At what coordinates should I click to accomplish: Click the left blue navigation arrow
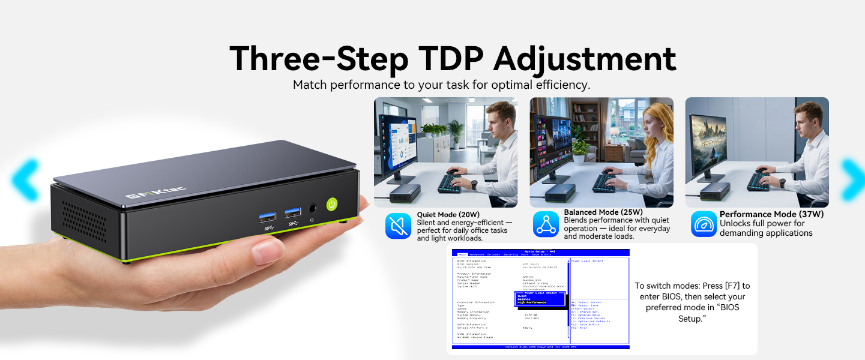point(25,179)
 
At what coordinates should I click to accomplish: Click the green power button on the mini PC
point(333,204)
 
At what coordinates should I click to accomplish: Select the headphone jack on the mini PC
point(312,209)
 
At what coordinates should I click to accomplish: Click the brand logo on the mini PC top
point(155,193)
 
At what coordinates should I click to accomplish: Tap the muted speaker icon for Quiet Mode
point(398,226)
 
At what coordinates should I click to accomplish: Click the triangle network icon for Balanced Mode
point(546,224)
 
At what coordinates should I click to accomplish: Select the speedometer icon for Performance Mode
point(704,224)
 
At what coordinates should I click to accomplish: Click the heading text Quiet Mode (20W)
point(448,214)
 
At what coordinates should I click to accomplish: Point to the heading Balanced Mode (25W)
point(603,212)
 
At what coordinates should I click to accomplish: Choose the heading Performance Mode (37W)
point(771,214)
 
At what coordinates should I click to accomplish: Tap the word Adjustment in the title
point(585,59)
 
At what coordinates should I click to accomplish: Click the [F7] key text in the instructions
point(729,286)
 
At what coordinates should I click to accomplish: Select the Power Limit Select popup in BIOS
point(540,299)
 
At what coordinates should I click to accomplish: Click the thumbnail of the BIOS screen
point(540,299)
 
